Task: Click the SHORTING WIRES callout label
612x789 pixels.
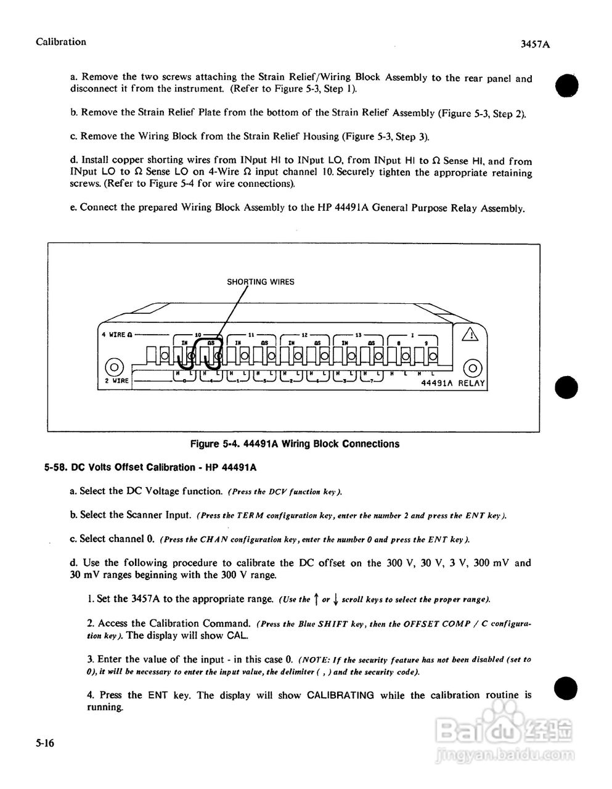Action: tap(260, 282)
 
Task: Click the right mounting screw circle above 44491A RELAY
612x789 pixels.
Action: tap(471, 368)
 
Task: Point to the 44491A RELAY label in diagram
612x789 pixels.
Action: tap(452, 383)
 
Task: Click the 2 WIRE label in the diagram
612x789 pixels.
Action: tap(115, 381)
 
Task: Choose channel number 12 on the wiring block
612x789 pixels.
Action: tap(304, 333)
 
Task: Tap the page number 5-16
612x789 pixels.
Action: tap(45, 744)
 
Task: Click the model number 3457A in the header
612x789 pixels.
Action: tap(534, 44)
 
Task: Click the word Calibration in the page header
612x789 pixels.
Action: tap(61, 42)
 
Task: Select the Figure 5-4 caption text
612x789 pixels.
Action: tap(295, 444)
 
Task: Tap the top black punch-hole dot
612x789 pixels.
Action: tap(566, 84)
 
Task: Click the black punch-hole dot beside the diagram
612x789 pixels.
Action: tap(566, 387)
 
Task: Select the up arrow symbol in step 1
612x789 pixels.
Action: tap(316, 599)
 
